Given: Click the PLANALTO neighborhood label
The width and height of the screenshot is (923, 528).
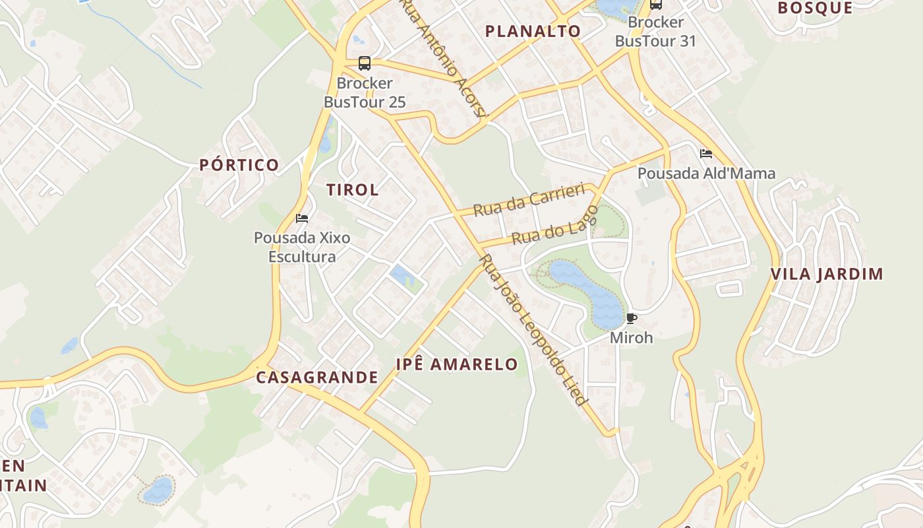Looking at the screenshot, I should pyautogui.click(x=533, y=31).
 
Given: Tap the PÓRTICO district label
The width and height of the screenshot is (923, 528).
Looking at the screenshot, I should pyautogui.click(x=239, y=165).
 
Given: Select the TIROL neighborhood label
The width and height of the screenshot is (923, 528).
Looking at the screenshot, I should pyautogui.click(x=353, y=190).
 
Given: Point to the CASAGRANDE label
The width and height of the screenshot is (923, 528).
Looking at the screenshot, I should pyautogui.click(x=317, y=378).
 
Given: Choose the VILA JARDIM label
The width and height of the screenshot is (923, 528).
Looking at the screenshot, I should pyautogui.click(x=827, y=275).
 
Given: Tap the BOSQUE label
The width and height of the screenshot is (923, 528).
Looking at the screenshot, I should pyautogui.click(x=815, y=8).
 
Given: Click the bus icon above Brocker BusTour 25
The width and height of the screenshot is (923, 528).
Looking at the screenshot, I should pyautogui.click(x=365, y=63).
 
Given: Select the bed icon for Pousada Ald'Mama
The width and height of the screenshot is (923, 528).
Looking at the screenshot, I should pyautogui.click(x=706, y=154).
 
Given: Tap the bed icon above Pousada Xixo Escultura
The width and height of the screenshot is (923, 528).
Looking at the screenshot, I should pyautogui.click(x=302, y=218).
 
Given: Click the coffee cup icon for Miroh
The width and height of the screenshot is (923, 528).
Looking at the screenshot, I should pyautogui.click(x=632, y=319).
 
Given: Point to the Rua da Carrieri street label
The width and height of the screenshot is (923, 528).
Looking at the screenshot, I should pyautogui.click(x=529, y=200).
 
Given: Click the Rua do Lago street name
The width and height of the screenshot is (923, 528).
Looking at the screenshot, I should pyautogui.click(x=555, y=226).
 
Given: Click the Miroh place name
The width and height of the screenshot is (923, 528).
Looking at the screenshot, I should pyautogui.click(x=631, y=337).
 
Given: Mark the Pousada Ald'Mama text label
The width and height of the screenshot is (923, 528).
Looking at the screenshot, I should pyautogui.click(x=706, y=174).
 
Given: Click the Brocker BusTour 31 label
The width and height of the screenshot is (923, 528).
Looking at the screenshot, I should pyautogui.click(x=655, y=32).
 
